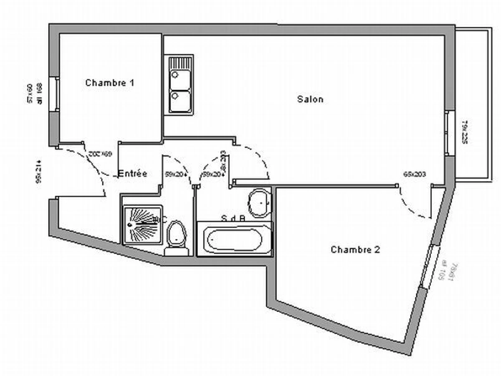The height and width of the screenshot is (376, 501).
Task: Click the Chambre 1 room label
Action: pos(110,83)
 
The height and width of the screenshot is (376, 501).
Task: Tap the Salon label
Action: pos(310,99)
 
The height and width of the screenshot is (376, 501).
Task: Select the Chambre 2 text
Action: pos(355,250)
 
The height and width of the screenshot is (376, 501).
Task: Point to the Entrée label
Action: pos(133,173)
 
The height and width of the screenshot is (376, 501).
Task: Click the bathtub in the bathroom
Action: pos(235,239)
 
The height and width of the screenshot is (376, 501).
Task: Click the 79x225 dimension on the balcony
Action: pos(464,132)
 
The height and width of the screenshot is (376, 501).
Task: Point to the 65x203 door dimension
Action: pos(415,174)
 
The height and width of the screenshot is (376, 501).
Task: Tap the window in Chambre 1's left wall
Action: pos(54,94)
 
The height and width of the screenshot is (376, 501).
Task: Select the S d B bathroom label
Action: pos(233,218)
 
